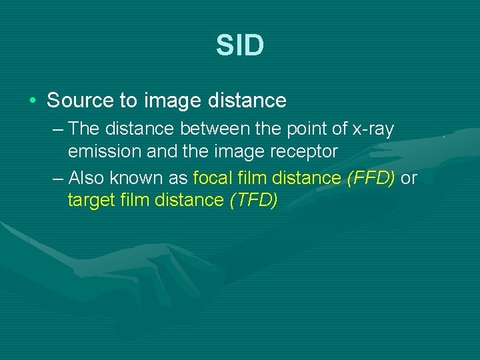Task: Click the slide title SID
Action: [x=240, y=46]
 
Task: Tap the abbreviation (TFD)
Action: [x=253, y=201]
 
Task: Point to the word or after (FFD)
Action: [x=409, y=177]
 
